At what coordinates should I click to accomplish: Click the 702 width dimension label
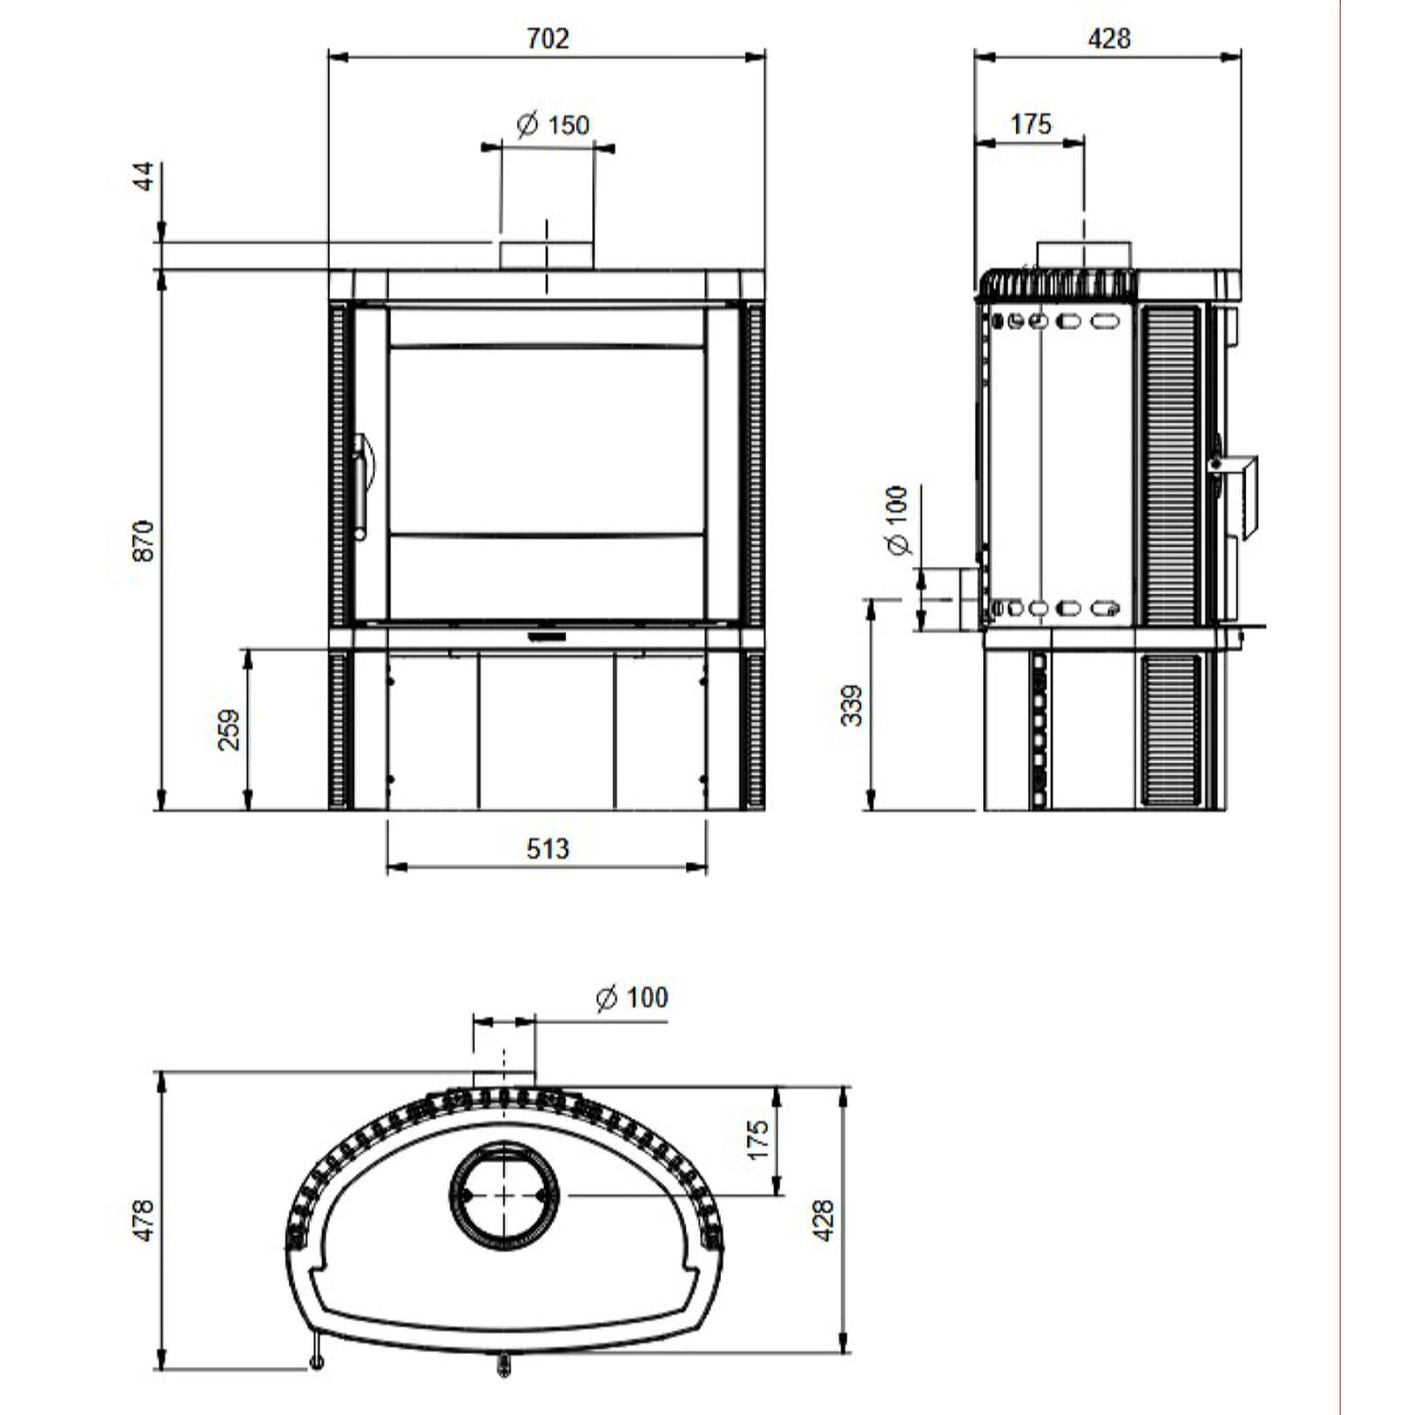coord(547,39)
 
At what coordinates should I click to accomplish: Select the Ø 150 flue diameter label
coord(554,125)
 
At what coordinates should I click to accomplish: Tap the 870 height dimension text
coord(143,540)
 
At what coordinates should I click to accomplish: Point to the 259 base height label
coord(229,730)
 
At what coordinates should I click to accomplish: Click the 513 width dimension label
coord(547,849)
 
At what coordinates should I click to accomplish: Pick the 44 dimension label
coord(144,176)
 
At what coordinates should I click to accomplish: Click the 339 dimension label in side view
coord(852,705)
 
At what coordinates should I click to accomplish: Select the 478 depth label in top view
coord(143,1220)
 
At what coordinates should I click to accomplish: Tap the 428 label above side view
coord(1108,39)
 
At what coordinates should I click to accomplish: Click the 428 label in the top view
coord(823,1220)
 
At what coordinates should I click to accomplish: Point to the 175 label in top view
coord(758,1140)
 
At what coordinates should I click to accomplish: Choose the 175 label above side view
coord(1030,124)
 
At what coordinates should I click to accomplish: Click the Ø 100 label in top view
coord(632,998)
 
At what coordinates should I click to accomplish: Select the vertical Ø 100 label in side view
coord(897,520)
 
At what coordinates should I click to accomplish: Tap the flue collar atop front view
coord(547,255)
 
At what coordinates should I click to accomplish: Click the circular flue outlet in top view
coord(504,1195)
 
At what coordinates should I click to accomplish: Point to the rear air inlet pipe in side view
coord(967,599)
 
